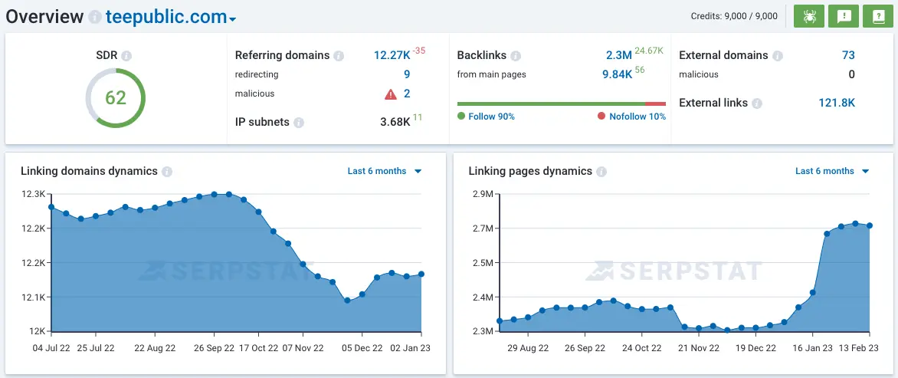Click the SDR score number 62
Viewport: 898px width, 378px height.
[116, 98]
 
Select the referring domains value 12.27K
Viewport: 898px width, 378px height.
[392, 55]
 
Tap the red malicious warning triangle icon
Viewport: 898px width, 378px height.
[391, 94]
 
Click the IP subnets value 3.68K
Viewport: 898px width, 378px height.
[395, 122]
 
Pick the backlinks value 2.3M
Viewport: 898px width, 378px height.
[618, 55]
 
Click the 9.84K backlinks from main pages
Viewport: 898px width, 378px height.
[617, 74]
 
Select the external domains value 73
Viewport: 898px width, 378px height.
[847, 55]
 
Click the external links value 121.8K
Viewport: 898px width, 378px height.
[837, 103]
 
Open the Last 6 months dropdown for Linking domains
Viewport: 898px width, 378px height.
[384, 171]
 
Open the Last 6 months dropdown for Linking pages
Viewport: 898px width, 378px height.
[831, 171]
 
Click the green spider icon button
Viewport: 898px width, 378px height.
[808, 16]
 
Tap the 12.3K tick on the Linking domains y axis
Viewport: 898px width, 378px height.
[33, 195]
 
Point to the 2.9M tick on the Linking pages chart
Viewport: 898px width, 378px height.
[482, 195]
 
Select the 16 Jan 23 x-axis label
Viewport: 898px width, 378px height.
[812, 348]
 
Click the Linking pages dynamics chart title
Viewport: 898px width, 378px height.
[530, 171]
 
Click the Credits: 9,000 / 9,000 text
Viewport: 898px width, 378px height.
[733, 16]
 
